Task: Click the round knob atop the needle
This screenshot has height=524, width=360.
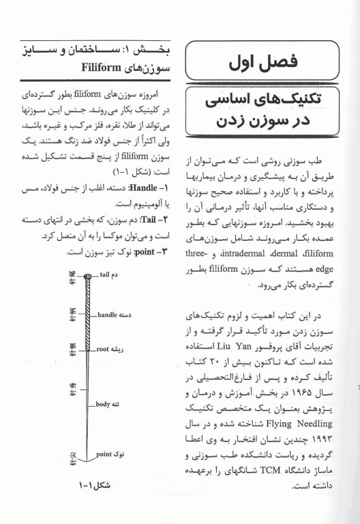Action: (x=87, y=276)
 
